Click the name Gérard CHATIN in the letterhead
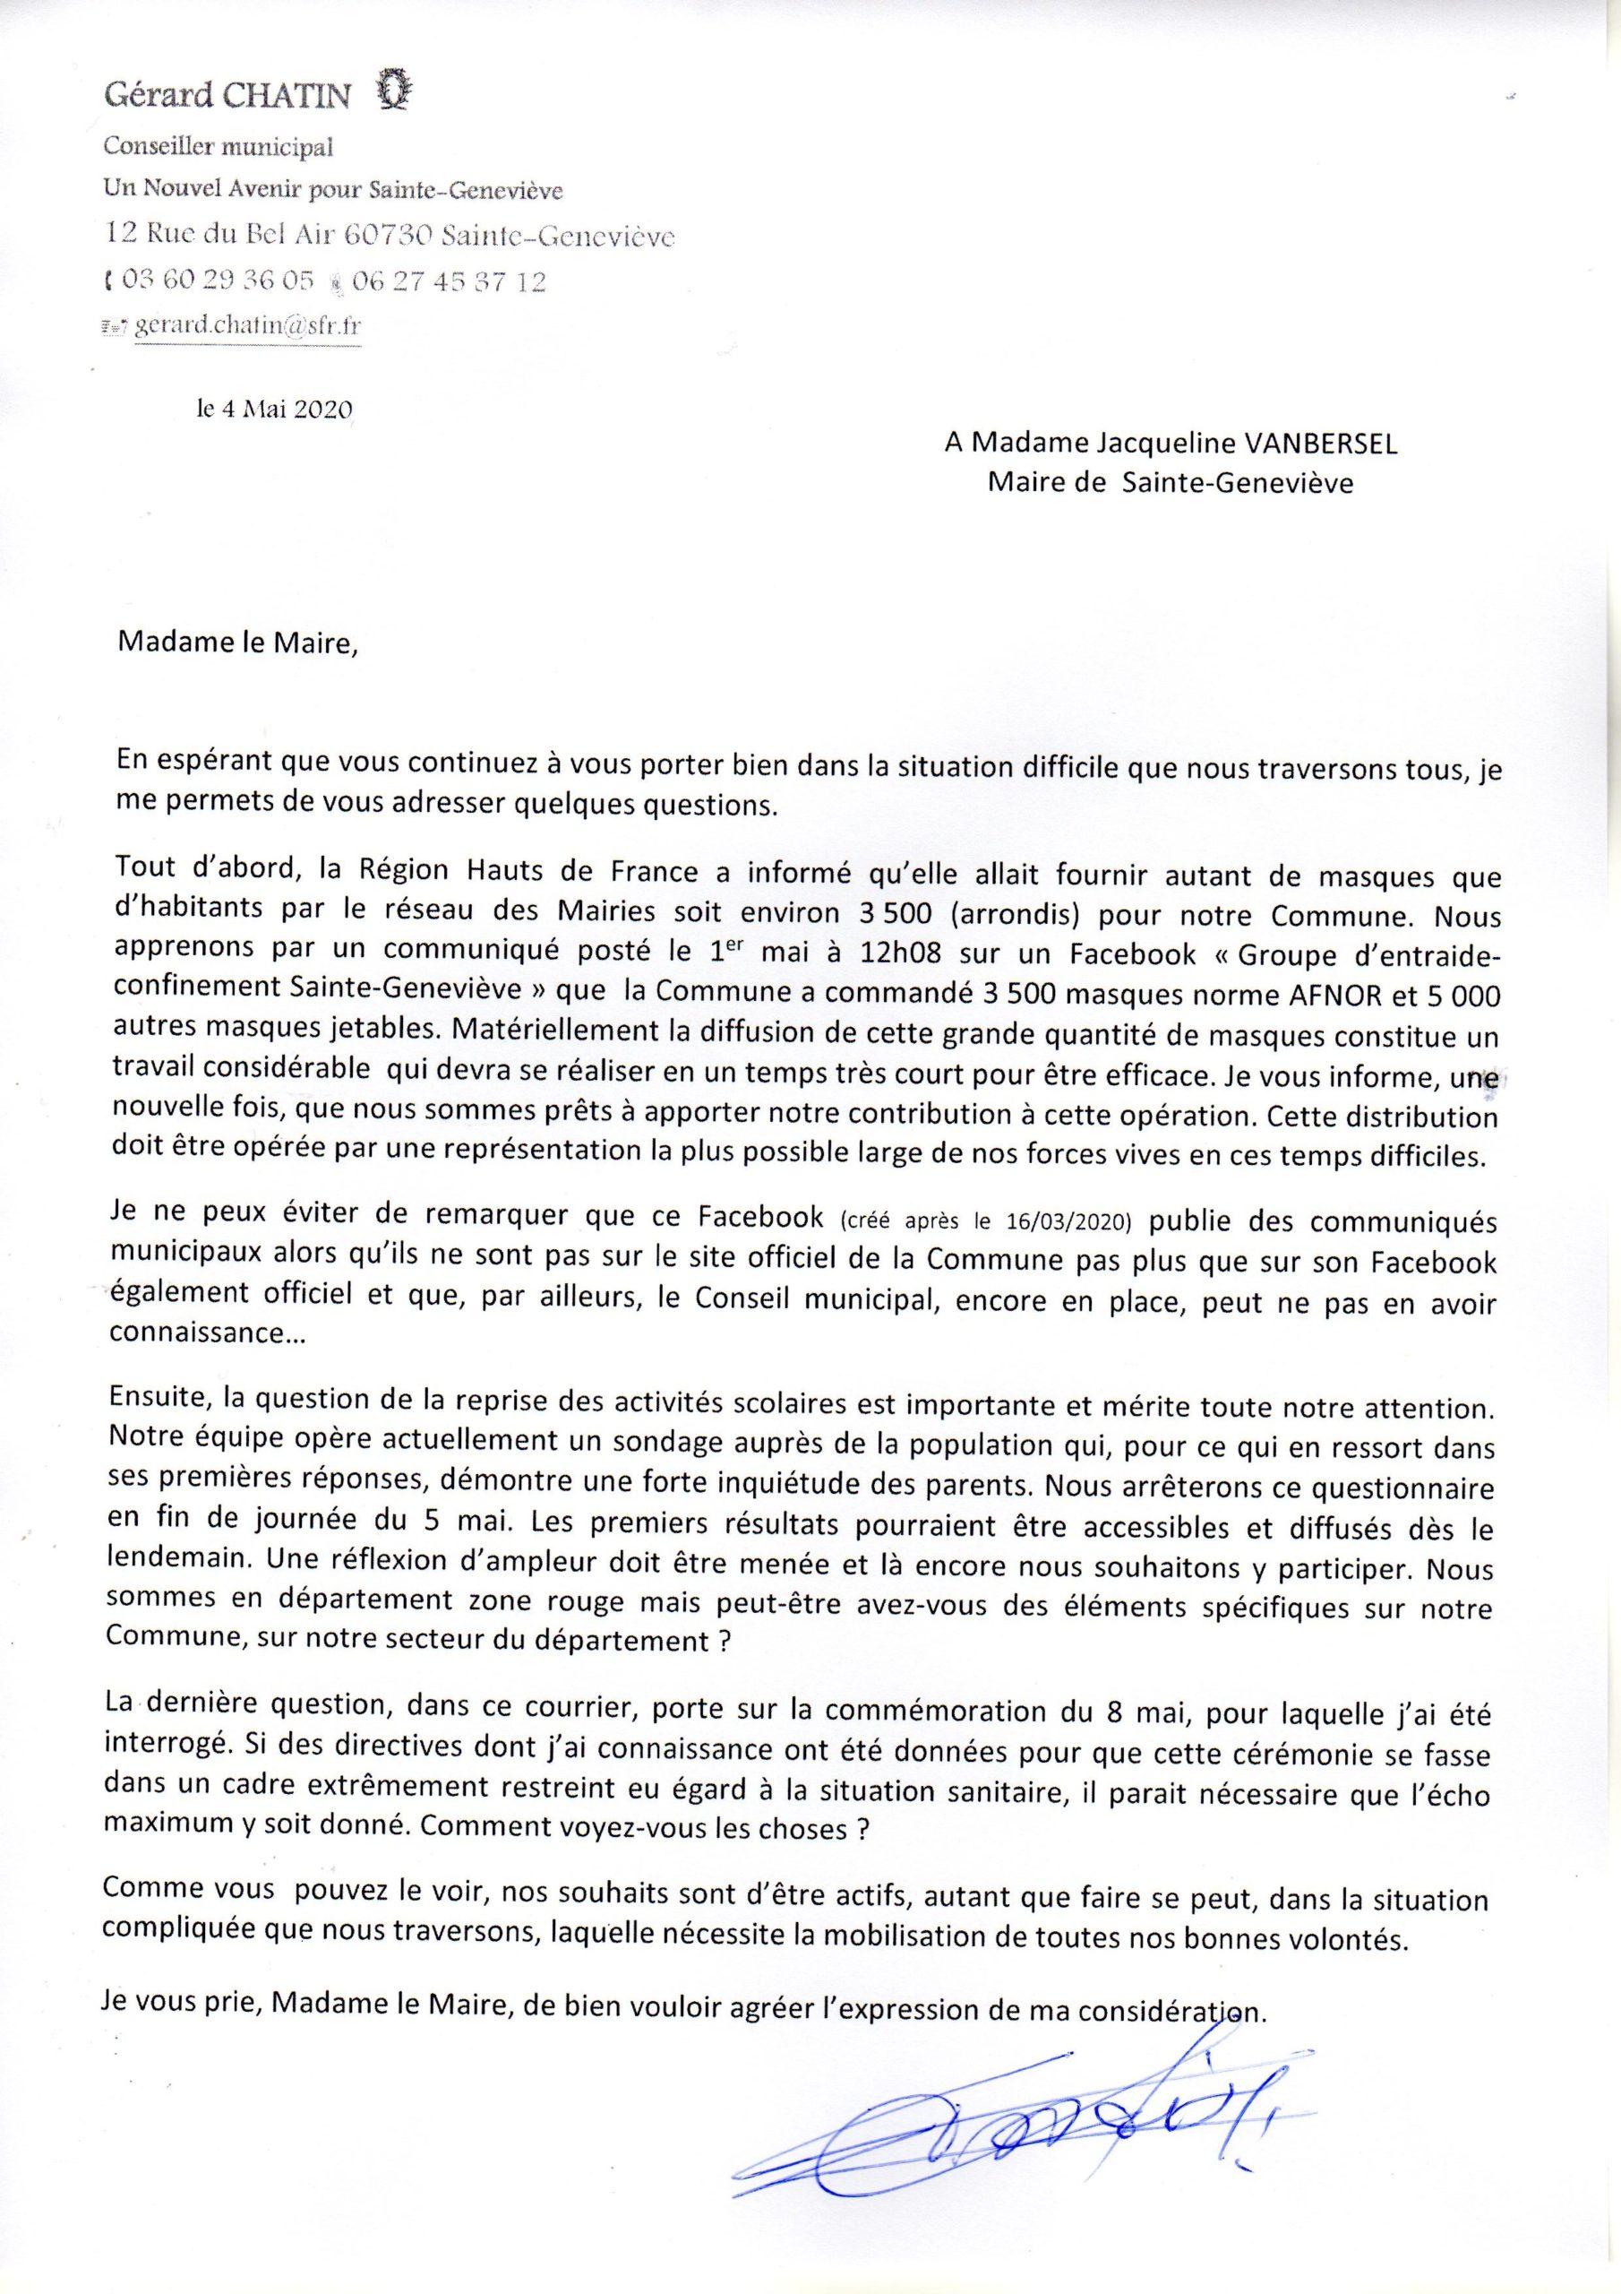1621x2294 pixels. tap(228, 96)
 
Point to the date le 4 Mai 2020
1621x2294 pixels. tap(275, 409)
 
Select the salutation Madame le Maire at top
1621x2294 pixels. tap(236, 644)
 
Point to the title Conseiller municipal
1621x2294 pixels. tap(219, 148)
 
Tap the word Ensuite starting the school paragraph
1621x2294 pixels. tap(161, 1408)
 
